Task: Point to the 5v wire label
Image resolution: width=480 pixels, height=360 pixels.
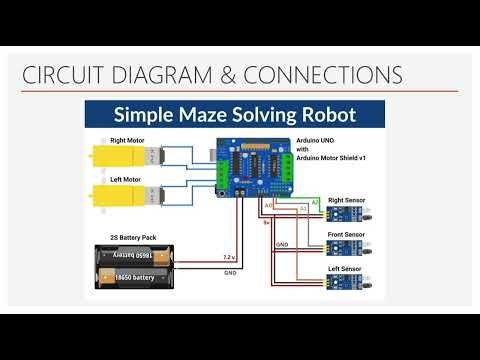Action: [266, 223]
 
